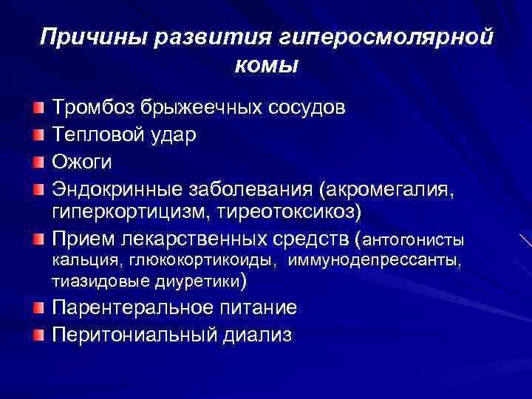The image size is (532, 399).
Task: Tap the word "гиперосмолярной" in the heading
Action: coord(386,36)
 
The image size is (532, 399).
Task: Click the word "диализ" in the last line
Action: coord(258,335)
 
